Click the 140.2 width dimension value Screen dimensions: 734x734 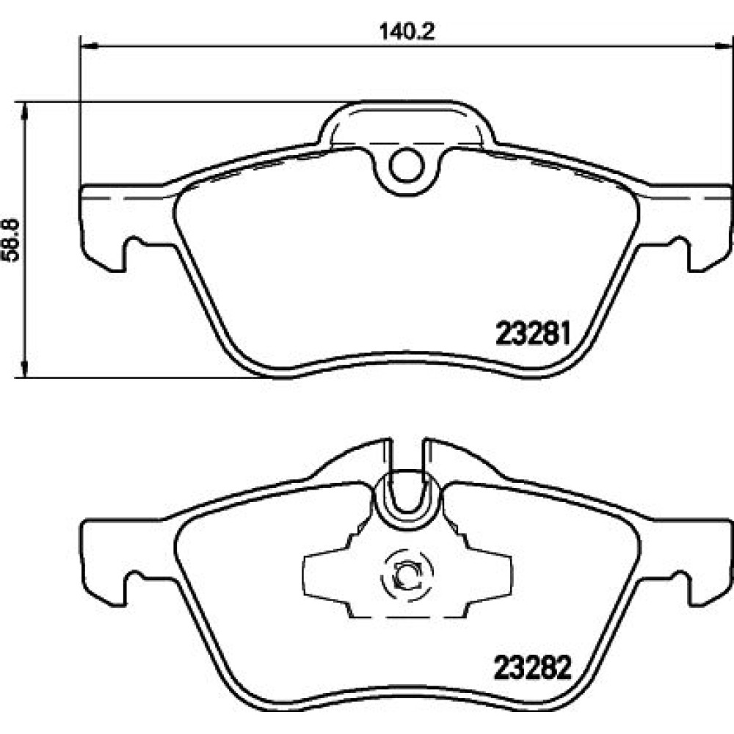point(407,32)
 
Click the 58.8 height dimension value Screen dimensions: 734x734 point(11,240)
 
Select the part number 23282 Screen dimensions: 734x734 point(533,667)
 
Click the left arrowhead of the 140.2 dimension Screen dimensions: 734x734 point(89,46)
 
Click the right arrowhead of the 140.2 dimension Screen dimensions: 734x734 point(724,46)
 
